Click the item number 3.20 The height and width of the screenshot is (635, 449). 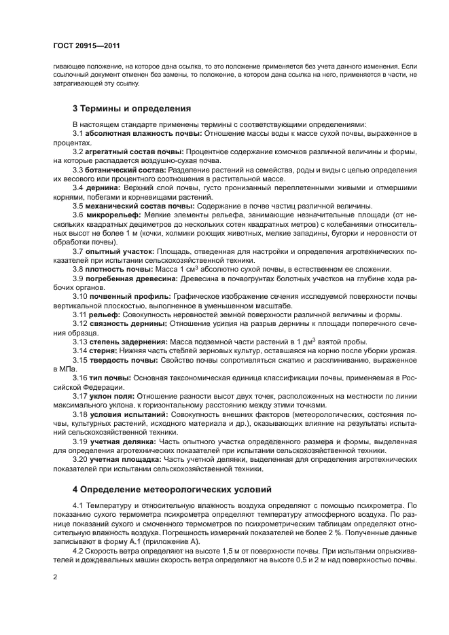pos(80,459)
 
